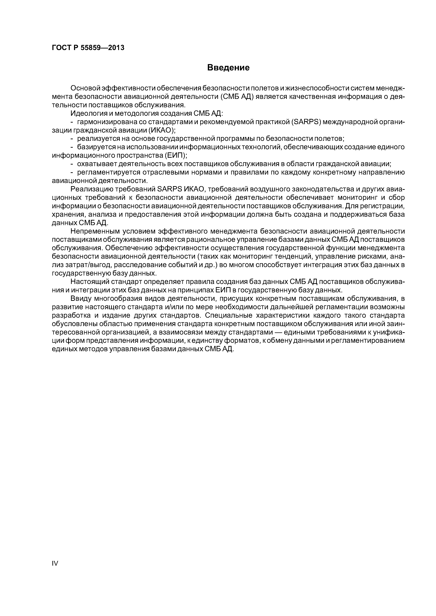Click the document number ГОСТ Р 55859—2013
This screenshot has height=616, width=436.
(88, 48)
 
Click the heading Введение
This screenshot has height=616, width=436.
(228, 68)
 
